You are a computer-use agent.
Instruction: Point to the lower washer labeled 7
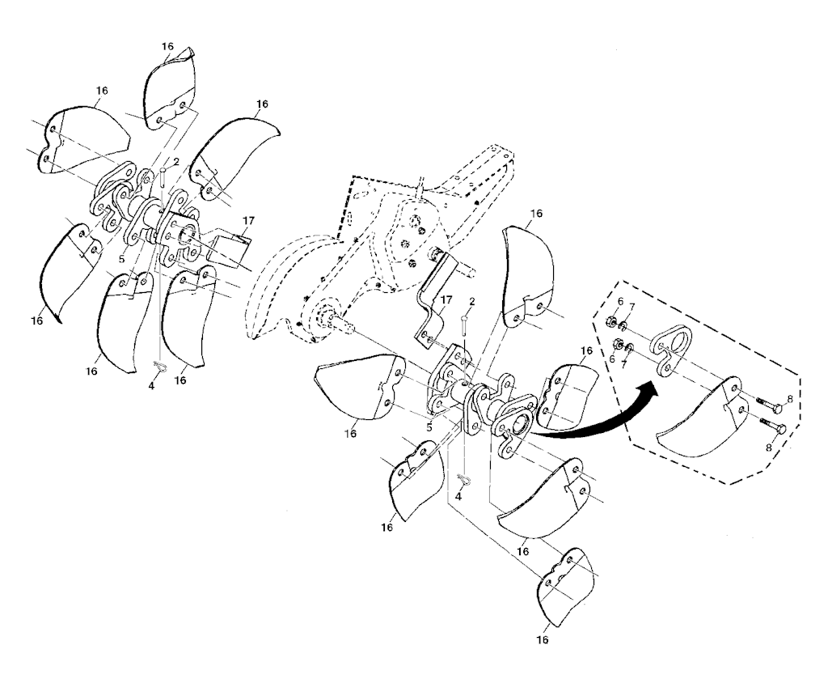629,348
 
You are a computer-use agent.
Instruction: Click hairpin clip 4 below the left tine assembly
158,366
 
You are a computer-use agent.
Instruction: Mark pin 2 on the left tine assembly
163,177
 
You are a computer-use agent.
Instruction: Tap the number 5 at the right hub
429,427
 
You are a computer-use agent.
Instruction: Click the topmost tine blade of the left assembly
169,90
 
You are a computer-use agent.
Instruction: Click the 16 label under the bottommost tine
543,639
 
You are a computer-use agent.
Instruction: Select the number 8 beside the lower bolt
768,447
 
